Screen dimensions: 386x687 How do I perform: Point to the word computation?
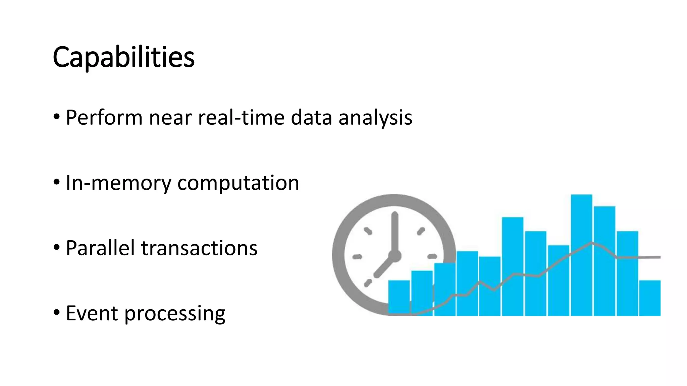click(238, 183)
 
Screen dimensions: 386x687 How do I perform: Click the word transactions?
click(199, 248)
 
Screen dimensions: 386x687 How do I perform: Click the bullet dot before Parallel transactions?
click(57, 248)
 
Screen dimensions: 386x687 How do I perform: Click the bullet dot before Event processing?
click(57, 313)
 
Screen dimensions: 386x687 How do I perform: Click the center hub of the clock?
click(395, 256)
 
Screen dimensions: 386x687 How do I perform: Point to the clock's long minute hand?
click(395, 231)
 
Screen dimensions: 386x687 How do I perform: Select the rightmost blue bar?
click(649, 298)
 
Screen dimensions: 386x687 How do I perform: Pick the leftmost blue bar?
click(399, 298)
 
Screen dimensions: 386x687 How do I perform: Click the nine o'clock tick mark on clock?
click(357, 257)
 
